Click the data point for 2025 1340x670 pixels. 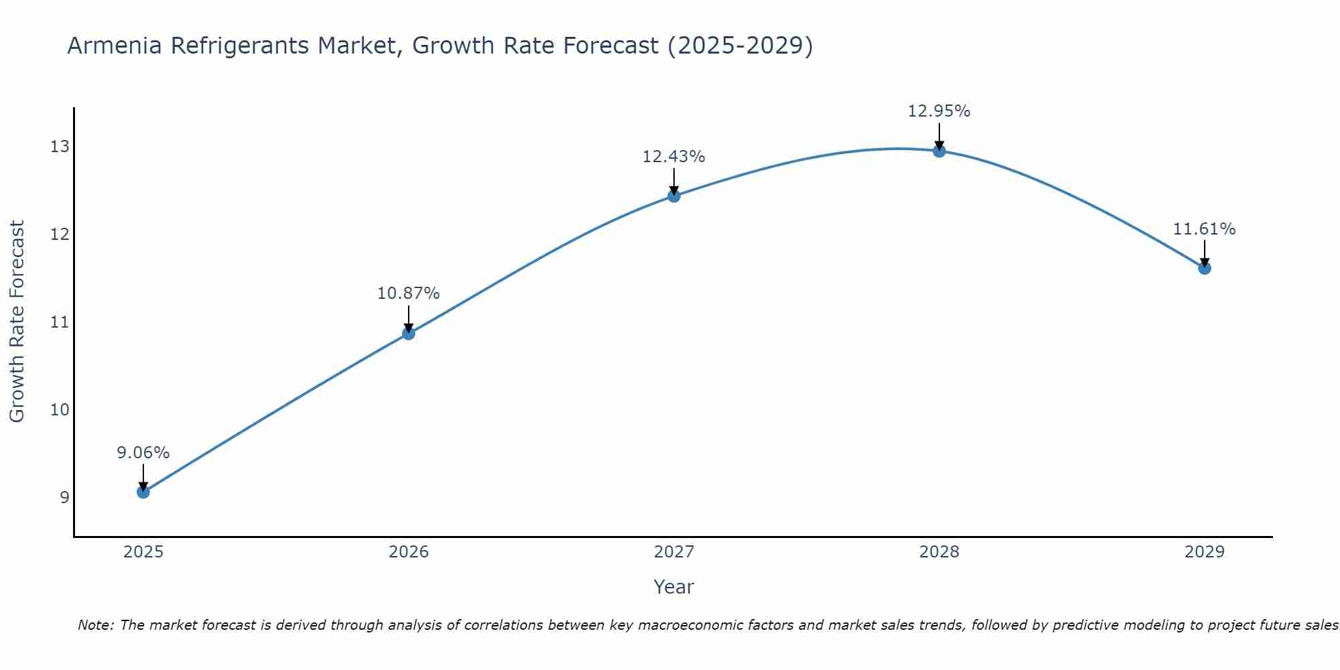click(143, 492)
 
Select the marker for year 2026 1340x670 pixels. click(409, 333)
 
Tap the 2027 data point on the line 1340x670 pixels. click(674, 196)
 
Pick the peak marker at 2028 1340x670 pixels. click(939, 151)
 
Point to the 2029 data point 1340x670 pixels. click(1205, 268)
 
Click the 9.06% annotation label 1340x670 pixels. click(143, 453)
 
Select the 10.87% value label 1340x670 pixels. click(409, 293)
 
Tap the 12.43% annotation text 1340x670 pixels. click(674, 157)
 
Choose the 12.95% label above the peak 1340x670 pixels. click(939, 111)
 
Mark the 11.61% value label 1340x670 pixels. click(1205, 229)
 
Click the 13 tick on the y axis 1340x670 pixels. click(60, 146)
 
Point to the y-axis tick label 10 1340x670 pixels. click(60, 409)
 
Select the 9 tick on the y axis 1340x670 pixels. click(64, 497)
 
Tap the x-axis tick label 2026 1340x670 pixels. click(409, 552)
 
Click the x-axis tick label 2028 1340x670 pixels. click(939, 552)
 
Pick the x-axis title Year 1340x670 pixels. click(674, 587)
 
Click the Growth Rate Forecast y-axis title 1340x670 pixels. click(17, 321)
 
